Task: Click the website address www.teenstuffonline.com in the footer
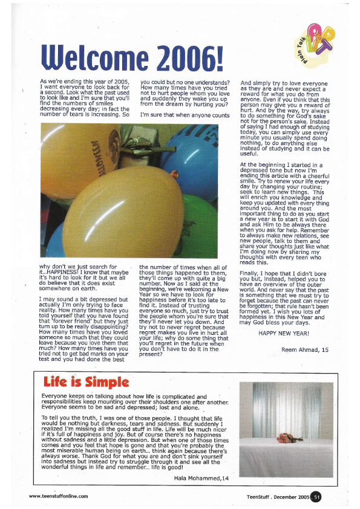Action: point(59,496)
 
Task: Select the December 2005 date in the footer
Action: point(300,496)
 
